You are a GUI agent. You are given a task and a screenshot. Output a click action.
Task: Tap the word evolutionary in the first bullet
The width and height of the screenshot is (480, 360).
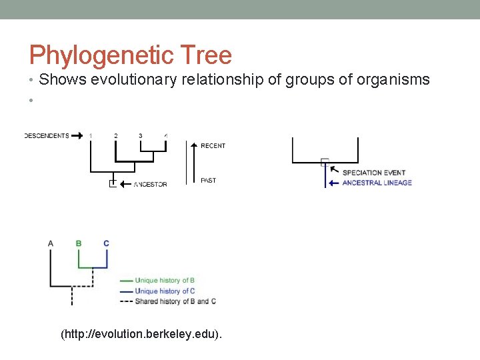pos(134,80)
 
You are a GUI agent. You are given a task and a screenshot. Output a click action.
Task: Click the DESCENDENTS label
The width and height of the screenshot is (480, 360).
pos(47,136)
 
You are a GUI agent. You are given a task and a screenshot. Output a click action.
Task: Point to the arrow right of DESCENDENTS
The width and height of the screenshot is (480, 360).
pos(77,136)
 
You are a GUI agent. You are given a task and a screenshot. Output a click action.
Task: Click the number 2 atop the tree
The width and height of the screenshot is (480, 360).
pos(116,136)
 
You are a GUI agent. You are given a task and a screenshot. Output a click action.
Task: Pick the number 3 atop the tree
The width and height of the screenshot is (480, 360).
pos(141,136)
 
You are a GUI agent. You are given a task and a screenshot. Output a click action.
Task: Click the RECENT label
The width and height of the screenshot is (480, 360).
pos(213,145)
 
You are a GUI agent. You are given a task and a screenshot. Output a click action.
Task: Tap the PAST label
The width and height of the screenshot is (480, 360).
pos(208,180)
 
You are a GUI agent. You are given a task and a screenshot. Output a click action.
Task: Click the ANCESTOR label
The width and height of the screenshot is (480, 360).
pos(150,184)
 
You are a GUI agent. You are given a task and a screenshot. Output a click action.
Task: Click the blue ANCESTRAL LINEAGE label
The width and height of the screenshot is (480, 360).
pos(377,183)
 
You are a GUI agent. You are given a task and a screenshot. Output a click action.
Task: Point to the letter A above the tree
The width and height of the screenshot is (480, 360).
pos(51,243)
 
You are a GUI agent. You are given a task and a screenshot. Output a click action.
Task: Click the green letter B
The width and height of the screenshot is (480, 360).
pos(79,243)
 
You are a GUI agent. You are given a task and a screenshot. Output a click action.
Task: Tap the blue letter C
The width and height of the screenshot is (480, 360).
pos(107,243)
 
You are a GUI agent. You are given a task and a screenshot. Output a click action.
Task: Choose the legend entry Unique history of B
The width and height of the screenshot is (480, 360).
pos(164,281)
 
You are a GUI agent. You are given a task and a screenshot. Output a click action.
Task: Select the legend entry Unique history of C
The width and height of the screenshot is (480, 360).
pos(164,291)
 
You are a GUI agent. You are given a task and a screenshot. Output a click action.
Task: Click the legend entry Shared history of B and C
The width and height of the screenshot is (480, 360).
pos(175,301)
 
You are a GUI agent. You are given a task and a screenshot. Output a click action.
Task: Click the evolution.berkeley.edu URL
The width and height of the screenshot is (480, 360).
pos(141,333)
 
